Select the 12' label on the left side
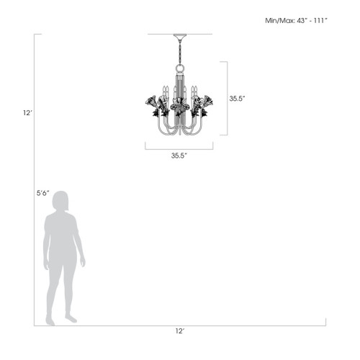(x=27, y=113)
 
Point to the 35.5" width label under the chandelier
(x=179, y=155)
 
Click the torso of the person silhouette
(x=62, y=238)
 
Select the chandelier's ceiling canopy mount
(x=179, y=37)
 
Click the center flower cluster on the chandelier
(x=179, y=108)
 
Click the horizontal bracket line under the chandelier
(x=179, y=148)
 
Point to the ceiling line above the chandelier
(x=179, y=34)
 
